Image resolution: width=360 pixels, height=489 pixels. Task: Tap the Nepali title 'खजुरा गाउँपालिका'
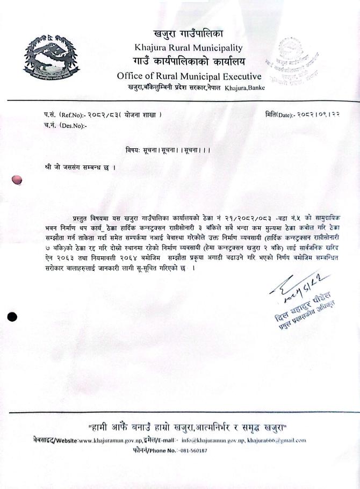(x=189, y=34)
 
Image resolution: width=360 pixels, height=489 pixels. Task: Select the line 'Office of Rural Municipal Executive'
(x=189, y=76)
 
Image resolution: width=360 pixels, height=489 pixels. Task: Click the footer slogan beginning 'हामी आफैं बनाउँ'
(x=188, y=427)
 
